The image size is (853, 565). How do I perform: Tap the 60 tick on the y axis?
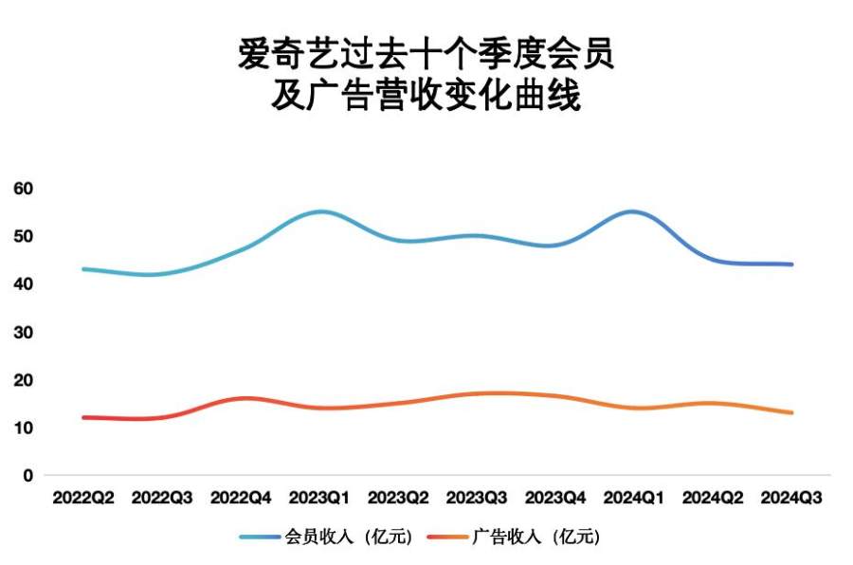coord(24,188)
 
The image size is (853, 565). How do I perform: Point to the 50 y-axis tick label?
coord(24,236)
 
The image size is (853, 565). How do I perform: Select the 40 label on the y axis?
coord(24,283)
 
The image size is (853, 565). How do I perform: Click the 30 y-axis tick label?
coord(24,332)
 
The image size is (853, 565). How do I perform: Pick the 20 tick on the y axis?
coord(24,379)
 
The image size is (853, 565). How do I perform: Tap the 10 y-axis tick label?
coord(24,428)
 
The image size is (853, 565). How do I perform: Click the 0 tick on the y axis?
coord(28,475)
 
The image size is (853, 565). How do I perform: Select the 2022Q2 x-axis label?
coord(83,497)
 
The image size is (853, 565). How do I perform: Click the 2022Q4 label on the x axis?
coord(241,497)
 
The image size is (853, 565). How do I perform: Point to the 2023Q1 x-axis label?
coord(319,497)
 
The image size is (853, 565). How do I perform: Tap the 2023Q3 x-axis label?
coord(477,497)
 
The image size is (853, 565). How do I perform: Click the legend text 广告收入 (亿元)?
coord(535,538)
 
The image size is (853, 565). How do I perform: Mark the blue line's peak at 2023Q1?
coord(320,211)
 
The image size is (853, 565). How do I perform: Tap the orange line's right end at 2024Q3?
coord(791,412)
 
